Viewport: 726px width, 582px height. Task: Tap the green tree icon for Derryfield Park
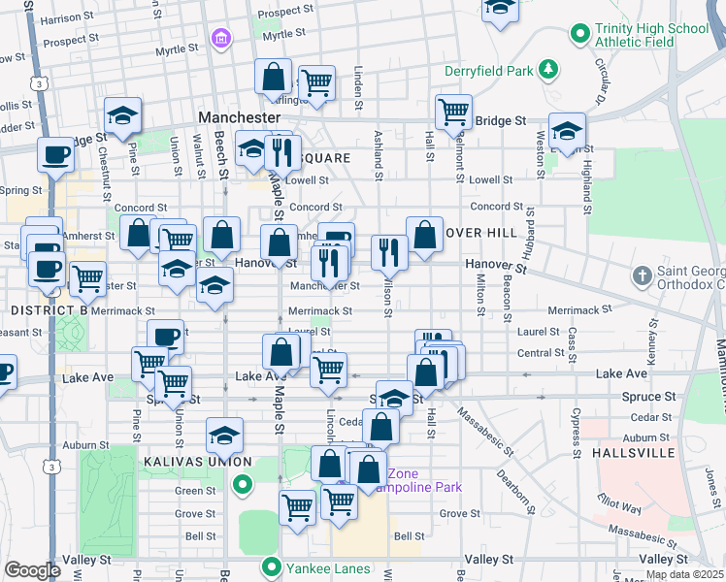(x=549, y=69)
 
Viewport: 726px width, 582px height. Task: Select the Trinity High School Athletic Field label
(x=651, y=36)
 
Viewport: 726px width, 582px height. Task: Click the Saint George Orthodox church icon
(x=641, y=277)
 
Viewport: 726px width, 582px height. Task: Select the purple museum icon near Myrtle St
(x=221, y=39)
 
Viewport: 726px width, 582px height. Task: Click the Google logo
(x=31, y=570)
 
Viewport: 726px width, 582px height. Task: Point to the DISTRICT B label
(x=49, y=309)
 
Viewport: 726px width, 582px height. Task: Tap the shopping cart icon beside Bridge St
(x=453, y=113)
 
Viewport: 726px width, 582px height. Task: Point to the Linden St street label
(x=358, y=88)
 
